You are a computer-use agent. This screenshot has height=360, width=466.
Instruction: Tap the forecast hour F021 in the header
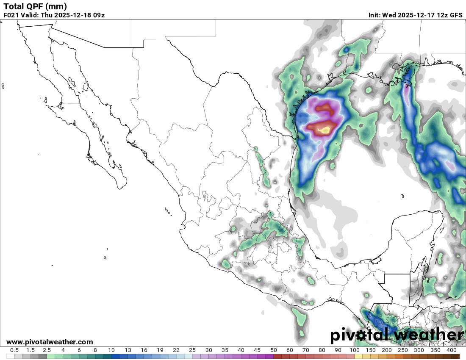click(11, 15)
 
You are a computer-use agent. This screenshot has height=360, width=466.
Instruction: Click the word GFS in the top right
click(456, 15)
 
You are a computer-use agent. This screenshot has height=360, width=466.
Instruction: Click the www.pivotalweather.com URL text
click(50, 342)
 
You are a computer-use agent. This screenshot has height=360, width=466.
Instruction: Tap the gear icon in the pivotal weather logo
click(361, 335)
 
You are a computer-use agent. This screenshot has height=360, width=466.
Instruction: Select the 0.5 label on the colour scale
click(14, 350)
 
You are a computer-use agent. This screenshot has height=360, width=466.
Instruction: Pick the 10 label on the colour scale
click(111, 350)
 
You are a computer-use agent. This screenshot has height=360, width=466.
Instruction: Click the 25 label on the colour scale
click(192, 350)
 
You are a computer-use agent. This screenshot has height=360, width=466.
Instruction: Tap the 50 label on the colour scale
click(274, 350)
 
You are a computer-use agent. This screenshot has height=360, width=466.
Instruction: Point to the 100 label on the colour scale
click(355, 350)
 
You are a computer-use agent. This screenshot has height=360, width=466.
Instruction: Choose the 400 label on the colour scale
click(451, 350)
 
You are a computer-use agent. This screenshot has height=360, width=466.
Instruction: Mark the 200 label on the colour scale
click(387, 350)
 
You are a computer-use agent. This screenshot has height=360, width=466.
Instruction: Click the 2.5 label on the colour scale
click(47, 350)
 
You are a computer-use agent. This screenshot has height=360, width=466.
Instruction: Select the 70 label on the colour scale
click(306, 350)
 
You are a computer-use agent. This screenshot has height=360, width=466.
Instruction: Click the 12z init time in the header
click(441, 15)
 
